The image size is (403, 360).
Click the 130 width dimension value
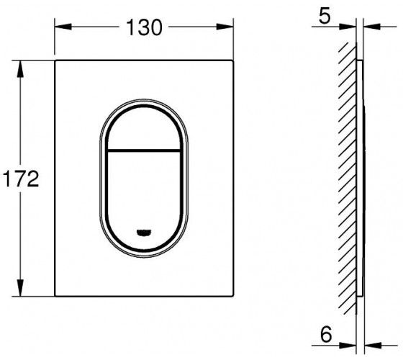pos(144,27)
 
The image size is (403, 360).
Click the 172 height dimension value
pos(21,179)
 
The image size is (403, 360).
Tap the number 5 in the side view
pos(325,16)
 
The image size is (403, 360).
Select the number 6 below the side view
pos(326,335)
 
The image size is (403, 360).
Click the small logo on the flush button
pos(144,233)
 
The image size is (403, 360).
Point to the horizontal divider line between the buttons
pos(144,150)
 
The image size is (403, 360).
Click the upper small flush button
pos(144,128)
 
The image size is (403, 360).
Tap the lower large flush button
pos(144,201)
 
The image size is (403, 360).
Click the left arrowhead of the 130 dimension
pos(63,27)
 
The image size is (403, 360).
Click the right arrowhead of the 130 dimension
pos(225,27)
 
